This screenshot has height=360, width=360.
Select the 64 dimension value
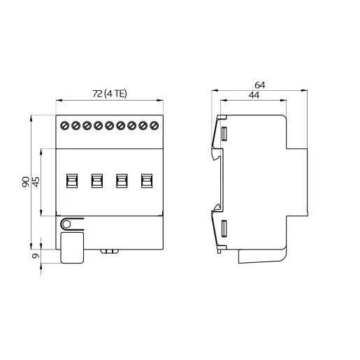260,84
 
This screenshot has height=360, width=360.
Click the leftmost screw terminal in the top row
64,127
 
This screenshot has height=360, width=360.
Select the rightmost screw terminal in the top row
154,127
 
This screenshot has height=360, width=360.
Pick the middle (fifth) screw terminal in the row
110,127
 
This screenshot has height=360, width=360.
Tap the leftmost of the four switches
71,180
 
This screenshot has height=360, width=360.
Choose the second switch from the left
96,180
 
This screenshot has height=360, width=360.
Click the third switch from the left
122,180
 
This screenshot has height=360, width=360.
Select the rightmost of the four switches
147,180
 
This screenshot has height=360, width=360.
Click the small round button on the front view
66,224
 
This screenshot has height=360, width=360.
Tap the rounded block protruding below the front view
73,248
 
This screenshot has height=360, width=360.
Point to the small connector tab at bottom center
109,250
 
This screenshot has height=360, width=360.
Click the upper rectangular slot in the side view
225,134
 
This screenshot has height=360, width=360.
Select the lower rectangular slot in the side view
225,229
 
